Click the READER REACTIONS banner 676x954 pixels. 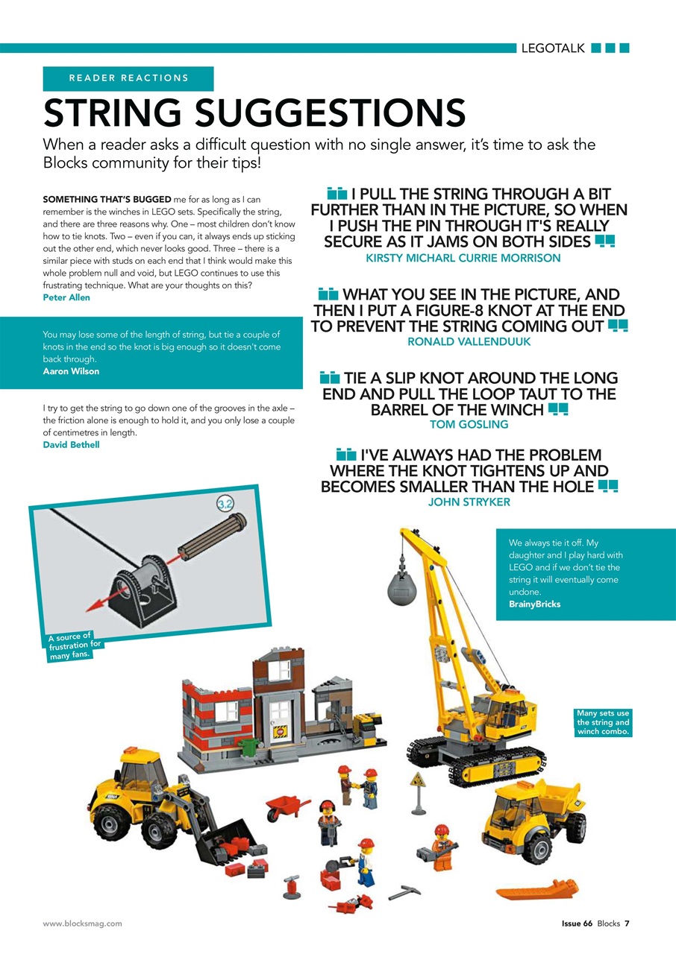(128, 78)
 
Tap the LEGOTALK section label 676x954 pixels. (552, 49)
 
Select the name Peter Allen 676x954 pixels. (66, 297)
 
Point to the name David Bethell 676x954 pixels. (71, 445)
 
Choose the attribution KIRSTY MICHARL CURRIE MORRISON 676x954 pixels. (463, 258)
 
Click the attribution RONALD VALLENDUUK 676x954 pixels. (468, 342)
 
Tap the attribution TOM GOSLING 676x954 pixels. (469, 425)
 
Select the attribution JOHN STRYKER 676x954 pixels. (469, 502)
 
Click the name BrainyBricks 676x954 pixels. (534, 604)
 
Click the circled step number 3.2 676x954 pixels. (226, 505)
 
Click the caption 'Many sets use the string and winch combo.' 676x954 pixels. (603, 722)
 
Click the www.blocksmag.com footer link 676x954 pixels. (82, 923)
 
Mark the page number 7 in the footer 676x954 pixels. (627, 923)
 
